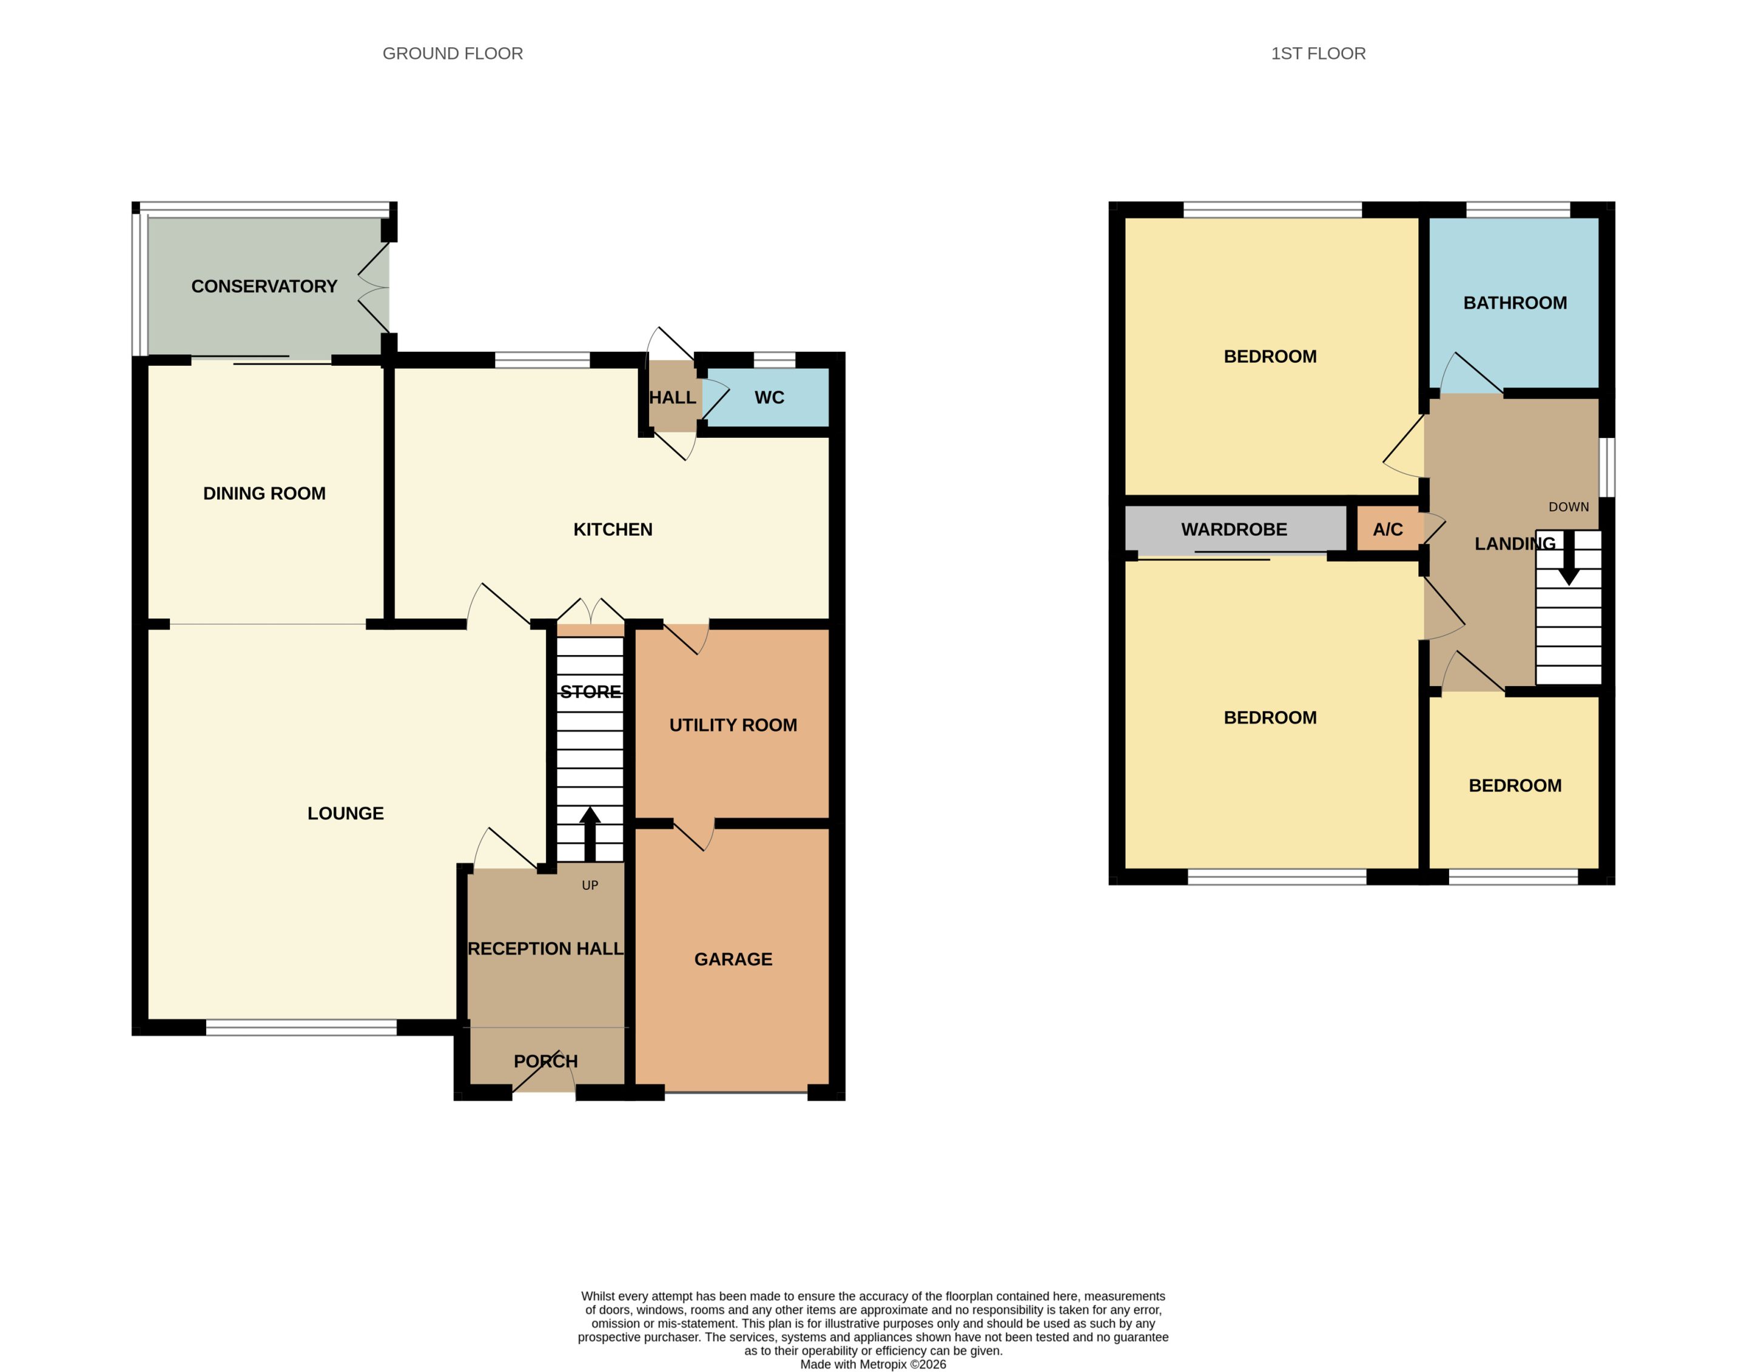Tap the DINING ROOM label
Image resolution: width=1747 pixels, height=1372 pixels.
coord(264,494)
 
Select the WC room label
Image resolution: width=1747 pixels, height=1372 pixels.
coord(769,398)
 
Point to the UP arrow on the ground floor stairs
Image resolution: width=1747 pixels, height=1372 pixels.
coord(590,834)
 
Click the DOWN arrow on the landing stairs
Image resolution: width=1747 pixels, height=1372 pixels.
coord(1569,557)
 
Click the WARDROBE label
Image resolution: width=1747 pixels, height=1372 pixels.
coord(1234,530)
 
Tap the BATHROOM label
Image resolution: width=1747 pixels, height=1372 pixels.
coord(1515,303)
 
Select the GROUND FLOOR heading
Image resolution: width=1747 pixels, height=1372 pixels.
coord(452,54)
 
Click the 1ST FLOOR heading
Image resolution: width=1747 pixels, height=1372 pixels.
coord(1318,54)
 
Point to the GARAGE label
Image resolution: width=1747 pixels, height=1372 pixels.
coord(733,959)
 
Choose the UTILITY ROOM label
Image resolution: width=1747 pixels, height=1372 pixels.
coord(733,725)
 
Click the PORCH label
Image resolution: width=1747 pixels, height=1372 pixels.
coord(545,1061)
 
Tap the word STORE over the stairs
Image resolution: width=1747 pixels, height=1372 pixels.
coord(590,691)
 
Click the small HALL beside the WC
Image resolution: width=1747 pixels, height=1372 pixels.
coord(672,398)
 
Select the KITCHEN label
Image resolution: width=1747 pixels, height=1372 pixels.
coord(613,530)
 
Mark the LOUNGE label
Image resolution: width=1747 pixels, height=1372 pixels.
coord(345,814)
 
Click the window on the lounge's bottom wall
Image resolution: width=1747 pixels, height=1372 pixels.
coord(301,1027)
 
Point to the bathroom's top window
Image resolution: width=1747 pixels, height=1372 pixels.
coord(1518,210)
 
